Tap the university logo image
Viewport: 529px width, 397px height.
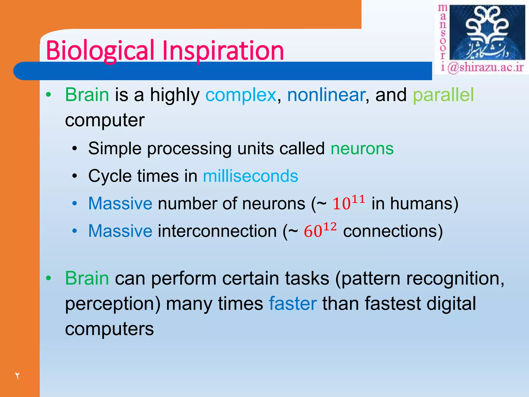[x=487, y=33]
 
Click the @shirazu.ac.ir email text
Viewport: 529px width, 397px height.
[x=486, y=68]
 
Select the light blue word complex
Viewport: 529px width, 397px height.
[x=241, y=95]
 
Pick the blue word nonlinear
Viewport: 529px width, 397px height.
[x=326, y=95]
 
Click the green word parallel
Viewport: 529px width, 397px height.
[x=443, y=95]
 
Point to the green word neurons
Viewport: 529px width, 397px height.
[x=362, y=149]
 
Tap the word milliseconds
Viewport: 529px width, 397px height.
[x=250, y=176]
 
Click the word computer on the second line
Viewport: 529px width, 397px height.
[x=105, y=120]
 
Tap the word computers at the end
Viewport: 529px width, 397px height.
[x=109, y=329]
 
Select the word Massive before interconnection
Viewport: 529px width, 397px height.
[x=120, y=231]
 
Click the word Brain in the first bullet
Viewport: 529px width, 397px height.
[x=87, y=95]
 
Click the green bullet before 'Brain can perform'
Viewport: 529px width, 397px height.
[x=48, y=278]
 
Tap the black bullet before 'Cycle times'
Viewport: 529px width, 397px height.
[x=75, y=176]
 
